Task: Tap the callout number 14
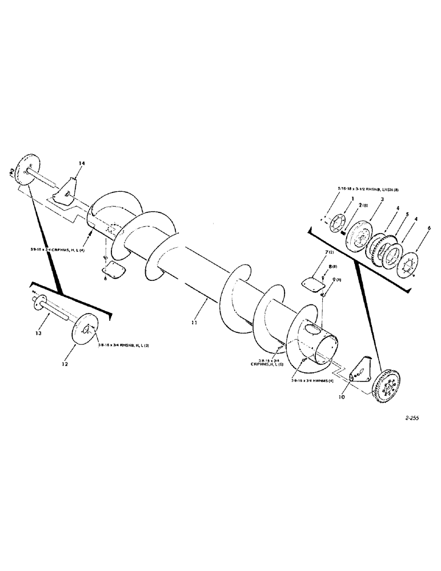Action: (82, 164)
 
